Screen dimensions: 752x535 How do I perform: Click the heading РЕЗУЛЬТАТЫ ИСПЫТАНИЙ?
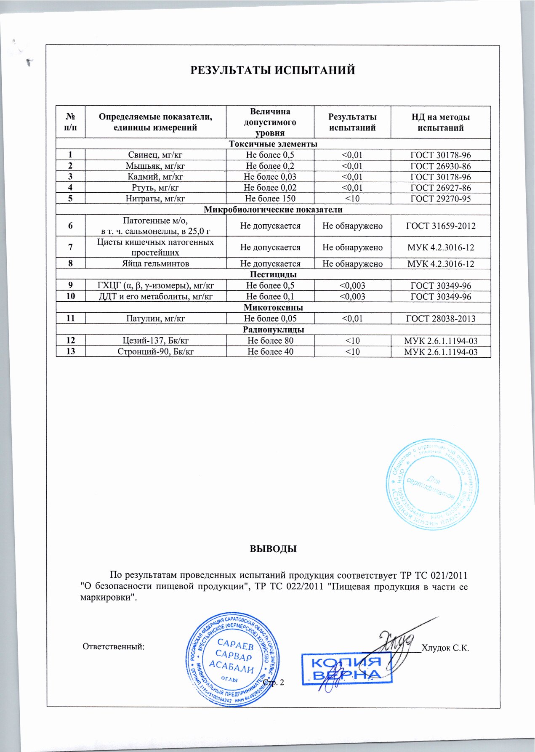[273, 70]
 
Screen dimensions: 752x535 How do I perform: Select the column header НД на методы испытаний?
[440, 122]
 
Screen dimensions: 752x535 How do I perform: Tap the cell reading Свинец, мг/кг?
[155, 155]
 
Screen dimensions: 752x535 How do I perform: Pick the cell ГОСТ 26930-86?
[440, 166]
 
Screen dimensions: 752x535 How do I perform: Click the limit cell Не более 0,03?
[270, 177]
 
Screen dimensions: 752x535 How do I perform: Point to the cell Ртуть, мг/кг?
[155, 188]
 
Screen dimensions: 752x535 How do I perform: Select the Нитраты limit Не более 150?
[270, 199]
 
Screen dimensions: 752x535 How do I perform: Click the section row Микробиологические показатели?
[273, 210]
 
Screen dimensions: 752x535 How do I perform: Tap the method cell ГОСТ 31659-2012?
[440, 226]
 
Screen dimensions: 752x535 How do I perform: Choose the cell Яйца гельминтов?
[155, 264]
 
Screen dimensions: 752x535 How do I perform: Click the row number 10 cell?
[70, 296]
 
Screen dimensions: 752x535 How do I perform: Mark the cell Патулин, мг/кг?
[155, 319]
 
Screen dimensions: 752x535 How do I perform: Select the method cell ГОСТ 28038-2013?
[440, 319]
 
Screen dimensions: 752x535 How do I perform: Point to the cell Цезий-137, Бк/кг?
[155, 340]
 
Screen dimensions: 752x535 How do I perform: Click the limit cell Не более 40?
[270, 351]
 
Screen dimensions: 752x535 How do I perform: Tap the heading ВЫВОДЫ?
[274, 549]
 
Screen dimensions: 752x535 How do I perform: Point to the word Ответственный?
[113, 646]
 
